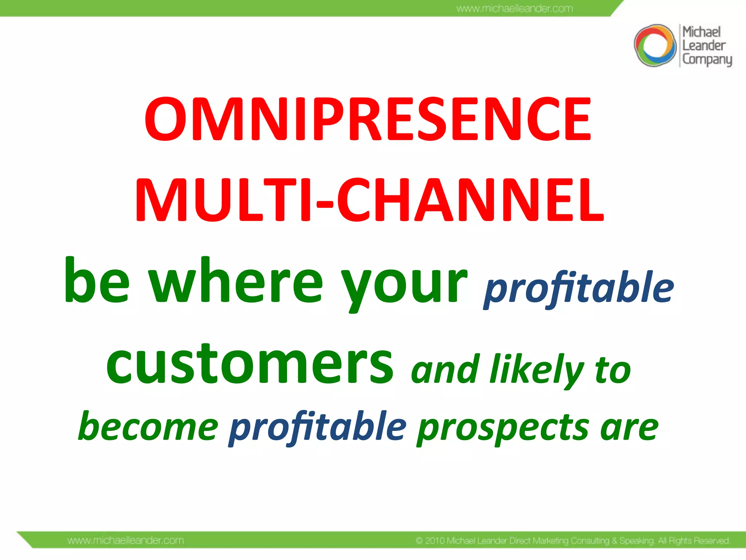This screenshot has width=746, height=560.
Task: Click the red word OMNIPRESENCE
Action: pos(368,119)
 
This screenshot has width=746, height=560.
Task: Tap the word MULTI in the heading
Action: pos(223,201)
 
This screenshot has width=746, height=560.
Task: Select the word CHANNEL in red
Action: pos(470,201)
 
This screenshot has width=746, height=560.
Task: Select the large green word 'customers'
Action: pos(250,365)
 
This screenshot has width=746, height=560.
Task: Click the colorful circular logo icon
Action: pos(655,46)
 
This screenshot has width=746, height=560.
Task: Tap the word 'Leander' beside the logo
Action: pos(704,46)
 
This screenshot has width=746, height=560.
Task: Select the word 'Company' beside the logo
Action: pos(707,59)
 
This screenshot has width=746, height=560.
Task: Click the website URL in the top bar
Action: pos(514,8)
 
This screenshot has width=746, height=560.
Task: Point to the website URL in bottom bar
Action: pos(126,540)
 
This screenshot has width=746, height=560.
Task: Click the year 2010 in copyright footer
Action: pos(435,541)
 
